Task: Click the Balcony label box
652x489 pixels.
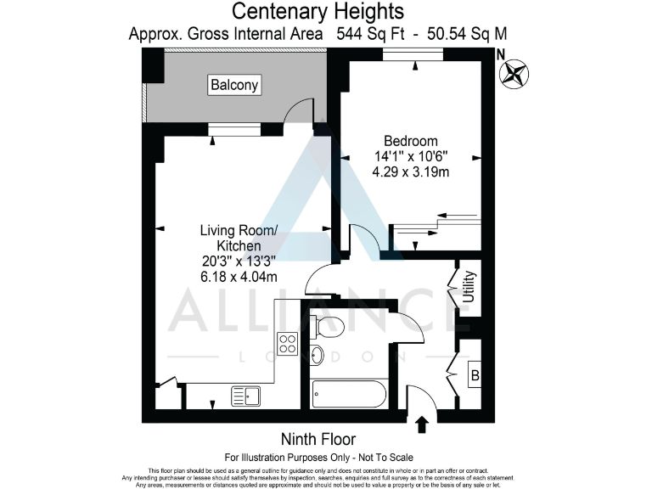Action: pyautogui.click(x=234, y=85)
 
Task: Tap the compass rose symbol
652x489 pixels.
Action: pyautogui.click(x=514, y=74)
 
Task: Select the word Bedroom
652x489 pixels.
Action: pyautogui.click(x=411, y=141)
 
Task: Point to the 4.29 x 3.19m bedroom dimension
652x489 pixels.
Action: pyautogui.click(x=411, y=171)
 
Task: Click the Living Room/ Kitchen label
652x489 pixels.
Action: pyautogui.click(x=239, y=238)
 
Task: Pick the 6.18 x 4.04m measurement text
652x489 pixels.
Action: pyautogui.click(x=239, y=277)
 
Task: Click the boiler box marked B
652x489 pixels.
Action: pyautogui.click(x=475, y=374)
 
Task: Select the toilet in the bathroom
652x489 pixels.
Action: pyautogui.click(x=326, y=323)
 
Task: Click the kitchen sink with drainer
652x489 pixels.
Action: pyautogui.click(x=245, y=395)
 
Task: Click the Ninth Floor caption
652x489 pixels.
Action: pyautogui.click(x=318, y=439)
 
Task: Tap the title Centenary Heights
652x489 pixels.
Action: pyautogui.click(x=318, y=12)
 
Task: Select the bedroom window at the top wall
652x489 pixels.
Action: pyautogui.click(x=413, y=55)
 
